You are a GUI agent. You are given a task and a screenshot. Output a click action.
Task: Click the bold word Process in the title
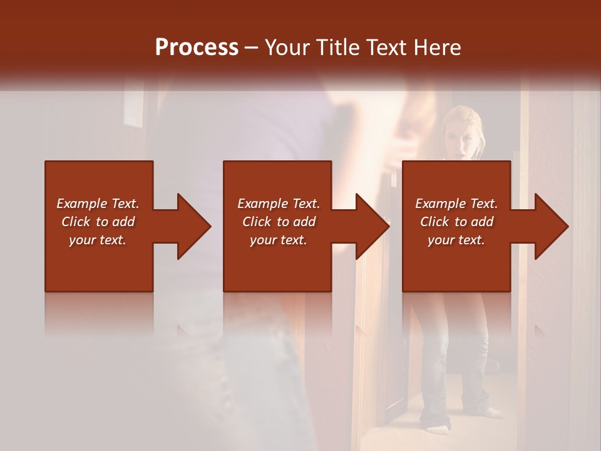click(197, 47)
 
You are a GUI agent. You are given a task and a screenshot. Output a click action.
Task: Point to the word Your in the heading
click(287, 47)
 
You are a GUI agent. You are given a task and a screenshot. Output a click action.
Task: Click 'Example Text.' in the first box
click(98, 204)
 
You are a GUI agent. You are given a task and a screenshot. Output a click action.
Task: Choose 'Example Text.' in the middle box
click(279, 204)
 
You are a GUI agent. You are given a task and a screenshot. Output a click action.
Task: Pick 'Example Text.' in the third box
click(456, 204)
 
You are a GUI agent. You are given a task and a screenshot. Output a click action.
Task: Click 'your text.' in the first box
click(98, 240)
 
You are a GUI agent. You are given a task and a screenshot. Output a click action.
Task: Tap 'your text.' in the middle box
click(279, 240)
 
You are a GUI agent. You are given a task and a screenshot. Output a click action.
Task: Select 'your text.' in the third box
click(456, 240)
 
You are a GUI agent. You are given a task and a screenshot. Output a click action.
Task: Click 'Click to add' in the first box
click(98, 222)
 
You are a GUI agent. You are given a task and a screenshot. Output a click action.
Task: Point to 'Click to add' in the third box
click(456, 222)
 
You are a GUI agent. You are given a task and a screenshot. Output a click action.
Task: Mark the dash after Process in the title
click(252, 48)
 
